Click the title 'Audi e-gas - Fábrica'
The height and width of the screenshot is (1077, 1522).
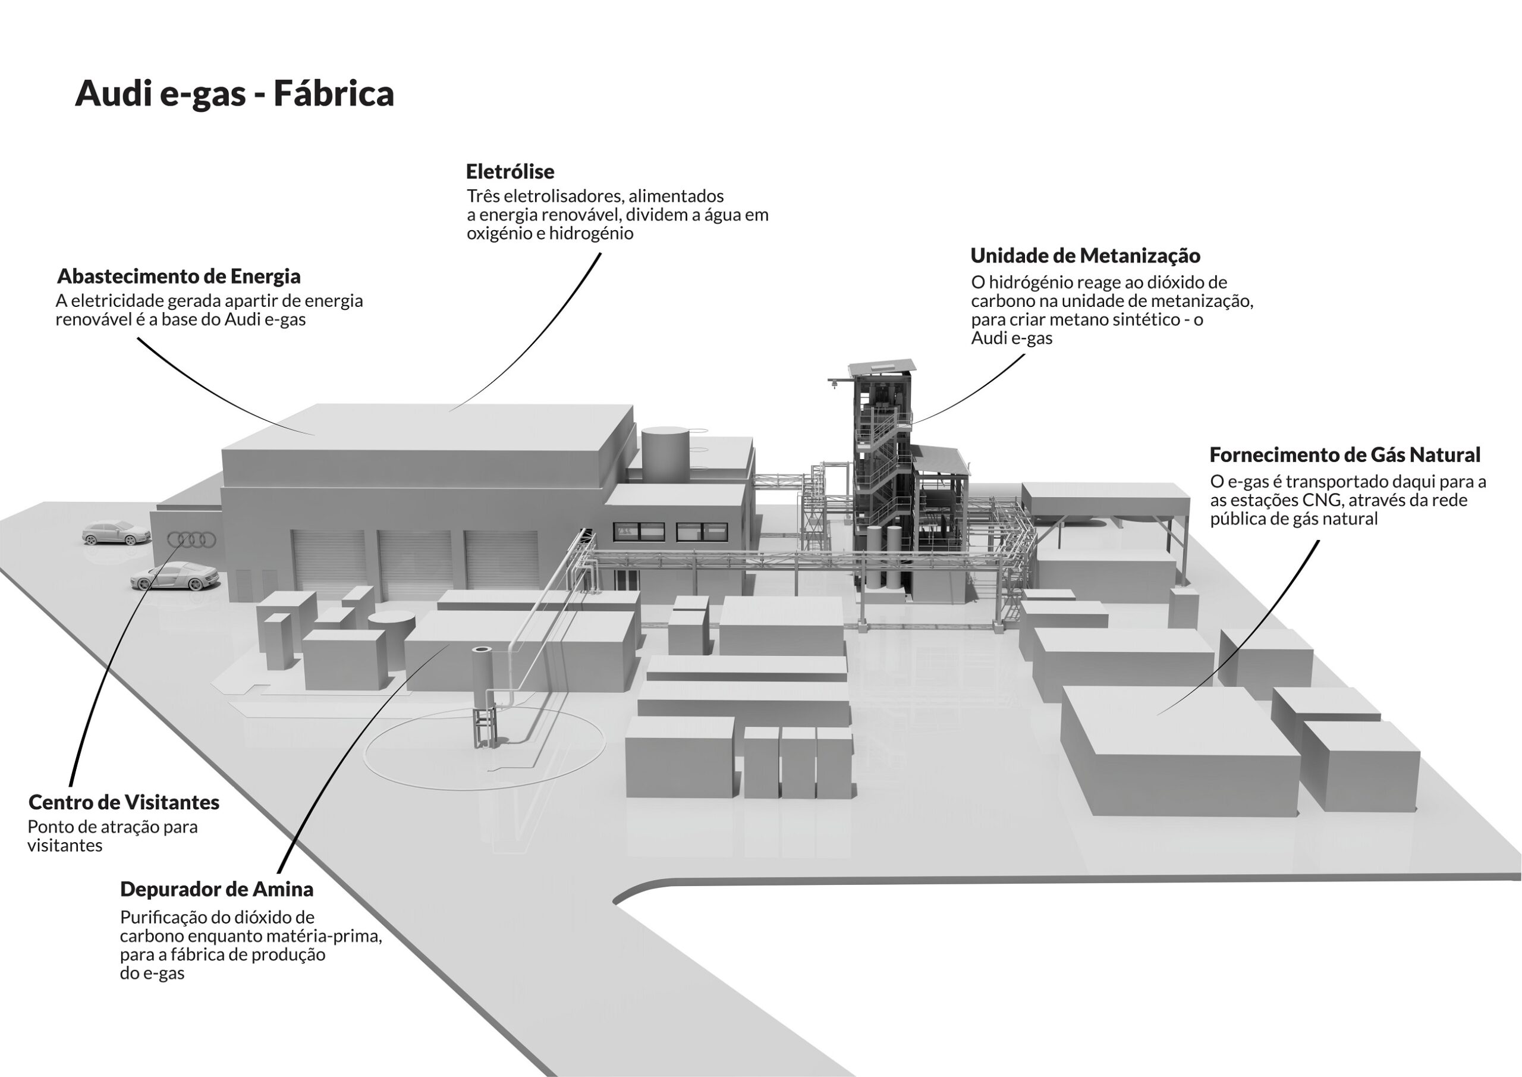click(x=235, y=93)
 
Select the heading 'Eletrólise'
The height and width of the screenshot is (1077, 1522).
click(x=510, y=172)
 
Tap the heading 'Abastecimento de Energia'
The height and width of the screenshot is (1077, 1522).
click(x=179, y=277)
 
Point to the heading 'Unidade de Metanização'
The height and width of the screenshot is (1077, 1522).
click(x=1085, y=256)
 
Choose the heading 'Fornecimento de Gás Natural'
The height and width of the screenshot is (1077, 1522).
click(x=1345, y=455)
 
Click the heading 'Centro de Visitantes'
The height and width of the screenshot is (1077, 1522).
click(x=124, y=802)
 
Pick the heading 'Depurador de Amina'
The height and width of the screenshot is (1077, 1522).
click(x=217, y=889)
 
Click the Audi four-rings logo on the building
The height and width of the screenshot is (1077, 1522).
click(x=191, y=541)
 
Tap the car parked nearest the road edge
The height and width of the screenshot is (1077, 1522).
click(x=116, y=532)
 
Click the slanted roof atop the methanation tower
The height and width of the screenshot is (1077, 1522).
click(x=882, y=366)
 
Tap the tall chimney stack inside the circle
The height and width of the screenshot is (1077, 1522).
click(x=483, y=696)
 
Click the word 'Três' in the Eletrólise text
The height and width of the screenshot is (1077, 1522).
click(x=483, y=196)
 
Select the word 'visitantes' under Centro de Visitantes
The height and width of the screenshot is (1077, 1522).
click(x=65, y=846)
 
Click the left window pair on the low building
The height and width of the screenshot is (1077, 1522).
click(x=639, y=531)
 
